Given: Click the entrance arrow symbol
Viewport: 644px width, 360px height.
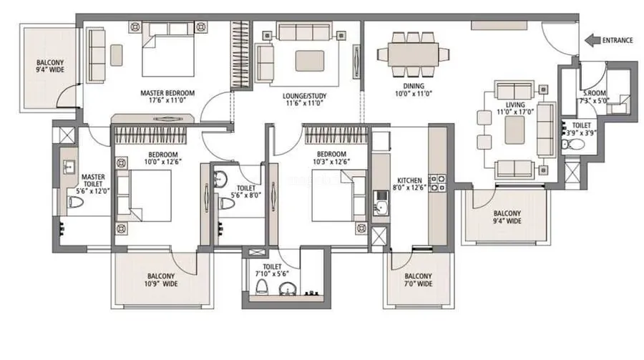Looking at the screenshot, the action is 592,41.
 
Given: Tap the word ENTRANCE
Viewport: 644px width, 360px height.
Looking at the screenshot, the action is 618,41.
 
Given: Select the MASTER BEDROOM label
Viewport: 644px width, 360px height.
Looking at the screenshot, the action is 167,93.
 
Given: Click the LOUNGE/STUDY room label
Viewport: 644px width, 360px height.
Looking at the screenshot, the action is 304,96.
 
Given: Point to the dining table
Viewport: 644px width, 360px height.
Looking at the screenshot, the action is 413,54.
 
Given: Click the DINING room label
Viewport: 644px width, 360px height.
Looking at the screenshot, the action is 414,87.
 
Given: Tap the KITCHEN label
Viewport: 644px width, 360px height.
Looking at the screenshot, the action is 409,180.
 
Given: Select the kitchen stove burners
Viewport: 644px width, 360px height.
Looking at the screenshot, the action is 437,183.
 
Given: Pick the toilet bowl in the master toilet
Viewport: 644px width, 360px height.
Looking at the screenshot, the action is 75,203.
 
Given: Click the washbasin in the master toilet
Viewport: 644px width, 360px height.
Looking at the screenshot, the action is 69,167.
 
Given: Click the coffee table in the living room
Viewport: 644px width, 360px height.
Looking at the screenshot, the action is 514,130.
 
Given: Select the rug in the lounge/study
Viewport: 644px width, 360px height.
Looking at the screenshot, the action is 309,60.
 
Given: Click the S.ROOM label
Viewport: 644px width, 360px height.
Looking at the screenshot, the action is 595,94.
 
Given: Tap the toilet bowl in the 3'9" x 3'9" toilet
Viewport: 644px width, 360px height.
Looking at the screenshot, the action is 572,145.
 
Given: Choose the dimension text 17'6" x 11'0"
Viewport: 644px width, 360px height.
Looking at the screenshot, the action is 167,100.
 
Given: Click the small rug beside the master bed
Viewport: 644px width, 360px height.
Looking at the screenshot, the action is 116,55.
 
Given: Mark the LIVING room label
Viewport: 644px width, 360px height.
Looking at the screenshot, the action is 515,104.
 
